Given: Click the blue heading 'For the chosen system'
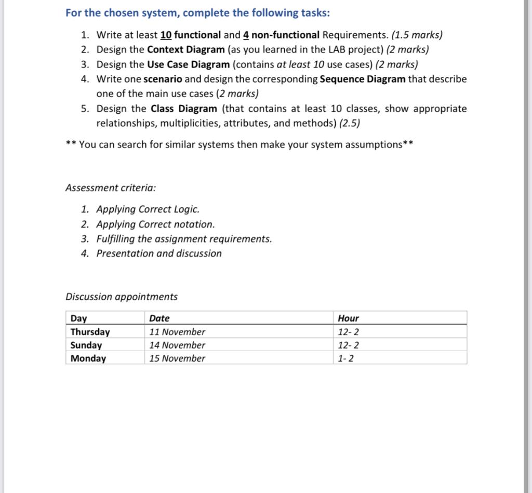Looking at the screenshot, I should click(x=197, y=12).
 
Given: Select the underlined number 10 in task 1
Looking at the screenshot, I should click(x=166, y=35).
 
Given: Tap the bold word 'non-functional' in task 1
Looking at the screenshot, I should click(x=285, y=35).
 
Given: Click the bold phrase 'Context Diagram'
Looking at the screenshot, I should click(x=186, y=50).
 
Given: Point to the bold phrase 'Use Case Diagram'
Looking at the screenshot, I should click(x=188, y=64).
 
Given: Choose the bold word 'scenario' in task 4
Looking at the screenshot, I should click(x=163, y=79).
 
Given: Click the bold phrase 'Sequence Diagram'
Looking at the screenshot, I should click(x=363, y=79).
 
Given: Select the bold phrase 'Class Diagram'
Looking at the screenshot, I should click(x=184, y=109).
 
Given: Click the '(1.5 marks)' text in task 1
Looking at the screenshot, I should click(x=417, y=35).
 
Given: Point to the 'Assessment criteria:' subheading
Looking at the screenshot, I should click(x=111, y=188).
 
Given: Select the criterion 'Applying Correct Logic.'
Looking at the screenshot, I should click(x=148, y=209).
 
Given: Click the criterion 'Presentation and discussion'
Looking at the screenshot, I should click(x=158, y=254).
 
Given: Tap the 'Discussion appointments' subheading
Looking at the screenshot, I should click(x=121, y=297).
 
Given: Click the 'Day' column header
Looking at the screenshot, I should click(x=79, y=318).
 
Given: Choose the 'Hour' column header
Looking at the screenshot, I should click(x=348, y=318).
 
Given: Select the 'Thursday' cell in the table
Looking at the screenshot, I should click(x=90, y=332).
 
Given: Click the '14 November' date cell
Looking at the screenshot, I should click(x=177, y=345).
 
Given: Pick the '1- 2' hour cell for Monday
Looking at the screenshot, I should click(x=345, y=358).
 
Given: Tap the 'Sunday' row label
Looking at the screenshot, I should click(x=86, y=345).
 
